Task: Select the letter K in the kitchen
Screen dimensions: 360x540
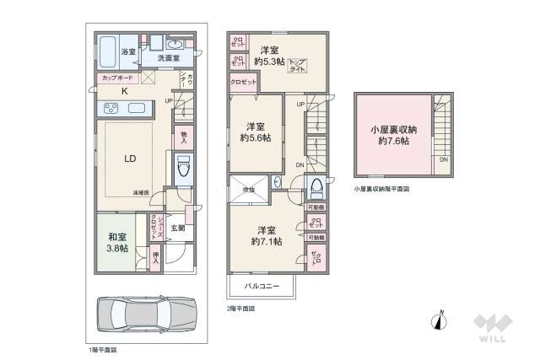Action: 124,91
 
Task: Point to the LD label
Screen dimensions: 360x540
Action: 131,158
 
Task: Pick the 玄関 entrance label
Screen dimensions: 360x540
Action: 178,228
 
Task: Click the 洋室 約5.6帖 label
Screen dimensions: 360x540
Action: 253,132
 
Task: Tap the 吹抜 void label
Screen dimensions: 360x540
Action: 250,191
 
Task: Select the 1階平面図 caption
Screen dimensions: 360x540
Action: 103,348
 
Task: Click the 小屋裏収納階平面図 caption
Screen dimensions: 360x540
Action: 381,190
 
